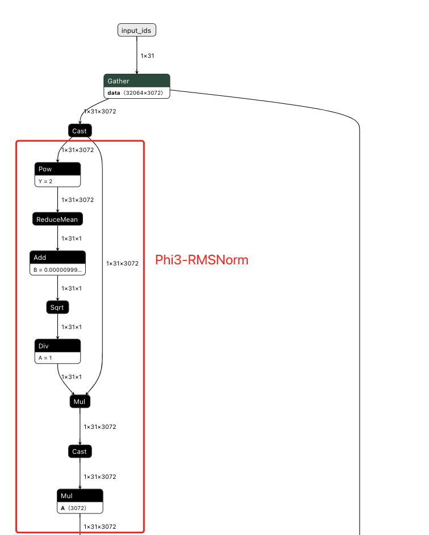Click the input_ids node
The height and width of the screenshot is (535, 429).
point(136,30)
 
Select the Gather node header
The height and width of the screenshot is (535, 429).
point(136,81)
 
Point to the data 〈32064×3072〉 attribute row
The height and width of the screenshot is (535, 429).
point(136,92)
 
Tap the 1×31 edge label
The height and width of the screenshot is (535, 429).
point(147,56)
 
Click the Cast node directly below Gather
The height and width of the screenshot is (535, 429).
point(80,131)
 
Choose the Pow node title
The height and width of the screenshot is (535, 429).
point(57,169)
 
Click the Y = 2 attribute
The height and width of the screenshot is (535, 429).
point(57,180)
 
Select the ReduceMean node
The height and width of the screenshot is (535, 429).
point(57,219)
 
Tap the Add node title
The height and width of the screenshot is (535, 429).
point(57,258)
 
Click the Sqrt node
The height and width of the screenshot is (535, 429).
point(57,307)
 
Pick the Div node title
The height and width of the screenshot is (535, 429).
point(57,346)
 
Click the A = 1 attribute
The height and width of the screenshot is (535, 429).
point(57,357)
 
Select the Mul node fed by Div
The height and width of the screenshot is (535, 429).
point(80,402)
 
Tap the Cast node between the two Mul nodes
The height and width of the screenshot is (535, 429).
point(80,452)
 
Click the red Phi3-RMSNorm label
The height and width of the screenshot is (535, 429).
point(202,260)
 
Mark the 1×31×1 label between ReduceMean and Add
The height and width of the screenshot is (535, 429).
point(72,238)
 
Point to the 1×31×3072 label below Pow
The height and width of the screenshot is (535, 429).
point(77,200)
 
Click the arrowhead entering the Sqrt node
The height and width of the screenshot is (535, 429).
point(57,299)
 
